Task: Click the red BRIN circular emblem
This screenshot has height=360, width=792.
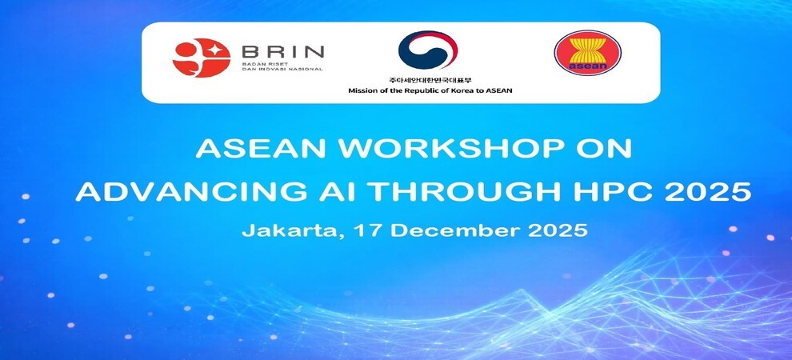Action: tap(201, 58)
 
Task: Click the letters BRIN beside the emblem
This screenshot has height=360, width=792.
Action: tap(283, 51)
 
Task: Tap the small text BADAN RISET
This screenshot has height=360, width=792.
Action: tap(261, 64)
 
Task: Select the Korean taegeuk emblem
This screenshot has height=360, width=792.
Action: tap(428, 50)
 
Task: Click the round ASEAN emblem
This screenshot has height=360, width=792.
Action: tap(587, 53)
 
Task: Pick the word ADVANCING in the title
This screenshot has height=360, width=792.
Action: tap(186, 191)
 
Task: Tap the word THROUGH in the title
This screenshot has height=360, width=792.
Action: tap(445, 191)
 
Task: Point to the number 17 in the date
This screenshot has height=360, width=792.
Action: tap(366, 230)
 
